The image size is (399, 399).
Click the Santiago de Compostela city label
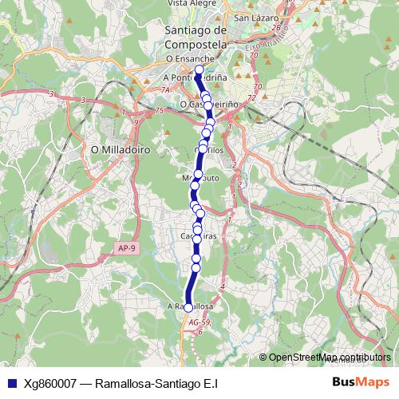coord(195,37)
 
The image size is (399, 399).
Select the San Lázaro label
coord(255,17)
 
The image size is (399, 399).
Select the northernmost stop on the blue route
coord(199,69)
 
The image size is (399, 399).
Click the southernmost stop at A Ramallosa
coord(188,306)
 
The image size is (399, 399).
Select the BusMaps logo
coord(361,382)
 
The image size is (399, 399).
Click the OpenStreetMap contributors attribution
coord(330,358)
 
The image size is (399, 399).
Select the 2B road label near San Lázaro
coord(276,26)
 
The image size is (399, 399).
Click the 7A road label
coord(162,89)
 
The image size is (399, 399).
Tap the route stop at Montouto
coord(196,176)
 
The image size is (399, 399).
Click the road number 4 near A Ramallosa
coord(222,286)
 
